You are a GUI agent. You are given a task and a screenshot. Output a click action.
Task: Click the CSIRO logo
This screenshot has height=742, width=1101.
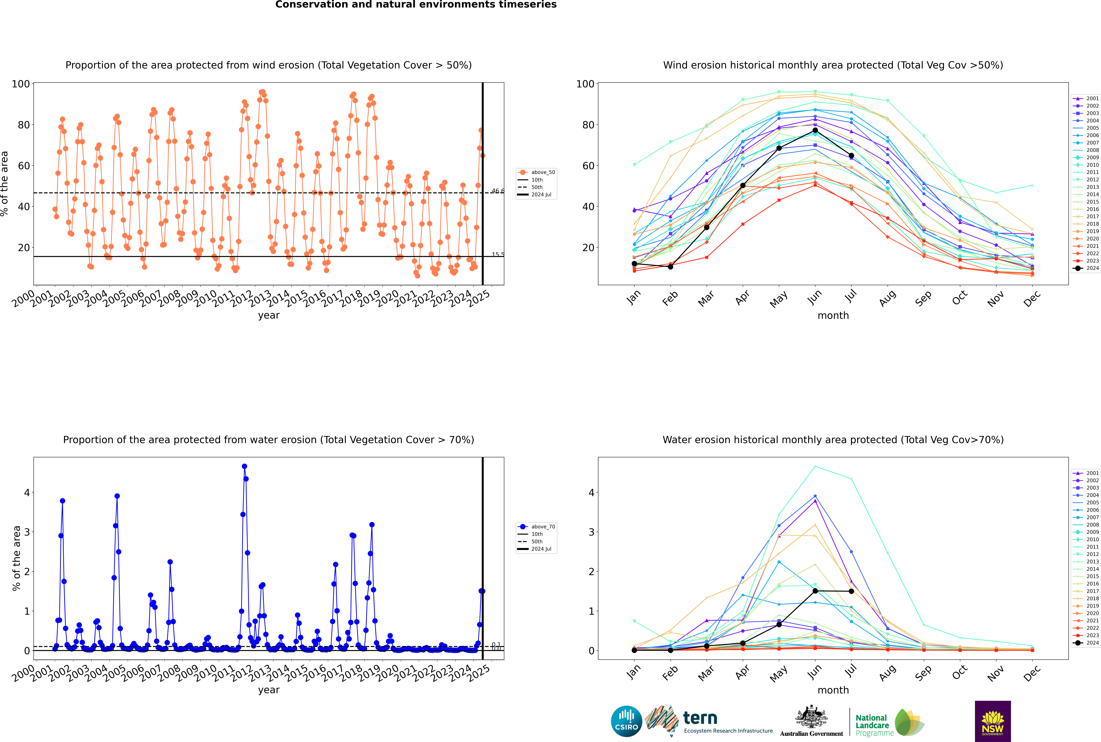point(626,721)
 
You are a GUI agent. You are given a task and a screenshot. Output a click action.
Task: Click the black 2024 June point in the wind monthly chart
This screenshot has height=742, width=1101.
point(815,130)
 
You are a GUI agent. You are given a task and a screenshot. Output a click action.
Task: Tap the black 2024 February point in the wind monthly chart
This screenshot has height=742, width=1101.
point(670,267)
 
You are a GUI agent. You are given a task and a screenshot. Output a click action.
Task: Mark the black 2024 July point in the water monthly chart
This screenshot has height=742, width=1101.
point(851,591)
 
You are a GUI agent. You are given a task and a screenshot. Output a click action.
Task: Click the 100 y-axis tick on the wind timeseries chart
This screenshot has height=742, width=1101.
point(21,84)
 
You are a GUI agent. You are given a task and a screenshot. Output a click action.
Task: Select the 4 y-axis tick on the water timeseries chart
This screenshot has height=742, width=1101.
point(27,493)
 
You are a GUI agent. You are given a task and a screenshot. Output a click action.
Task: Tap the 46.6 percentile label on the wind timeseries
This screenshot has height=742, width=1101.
point(497,191)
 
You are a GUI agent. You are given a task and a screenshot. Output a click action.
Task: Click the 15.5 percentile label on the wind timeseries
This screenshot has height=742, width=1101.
point(497,255)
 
